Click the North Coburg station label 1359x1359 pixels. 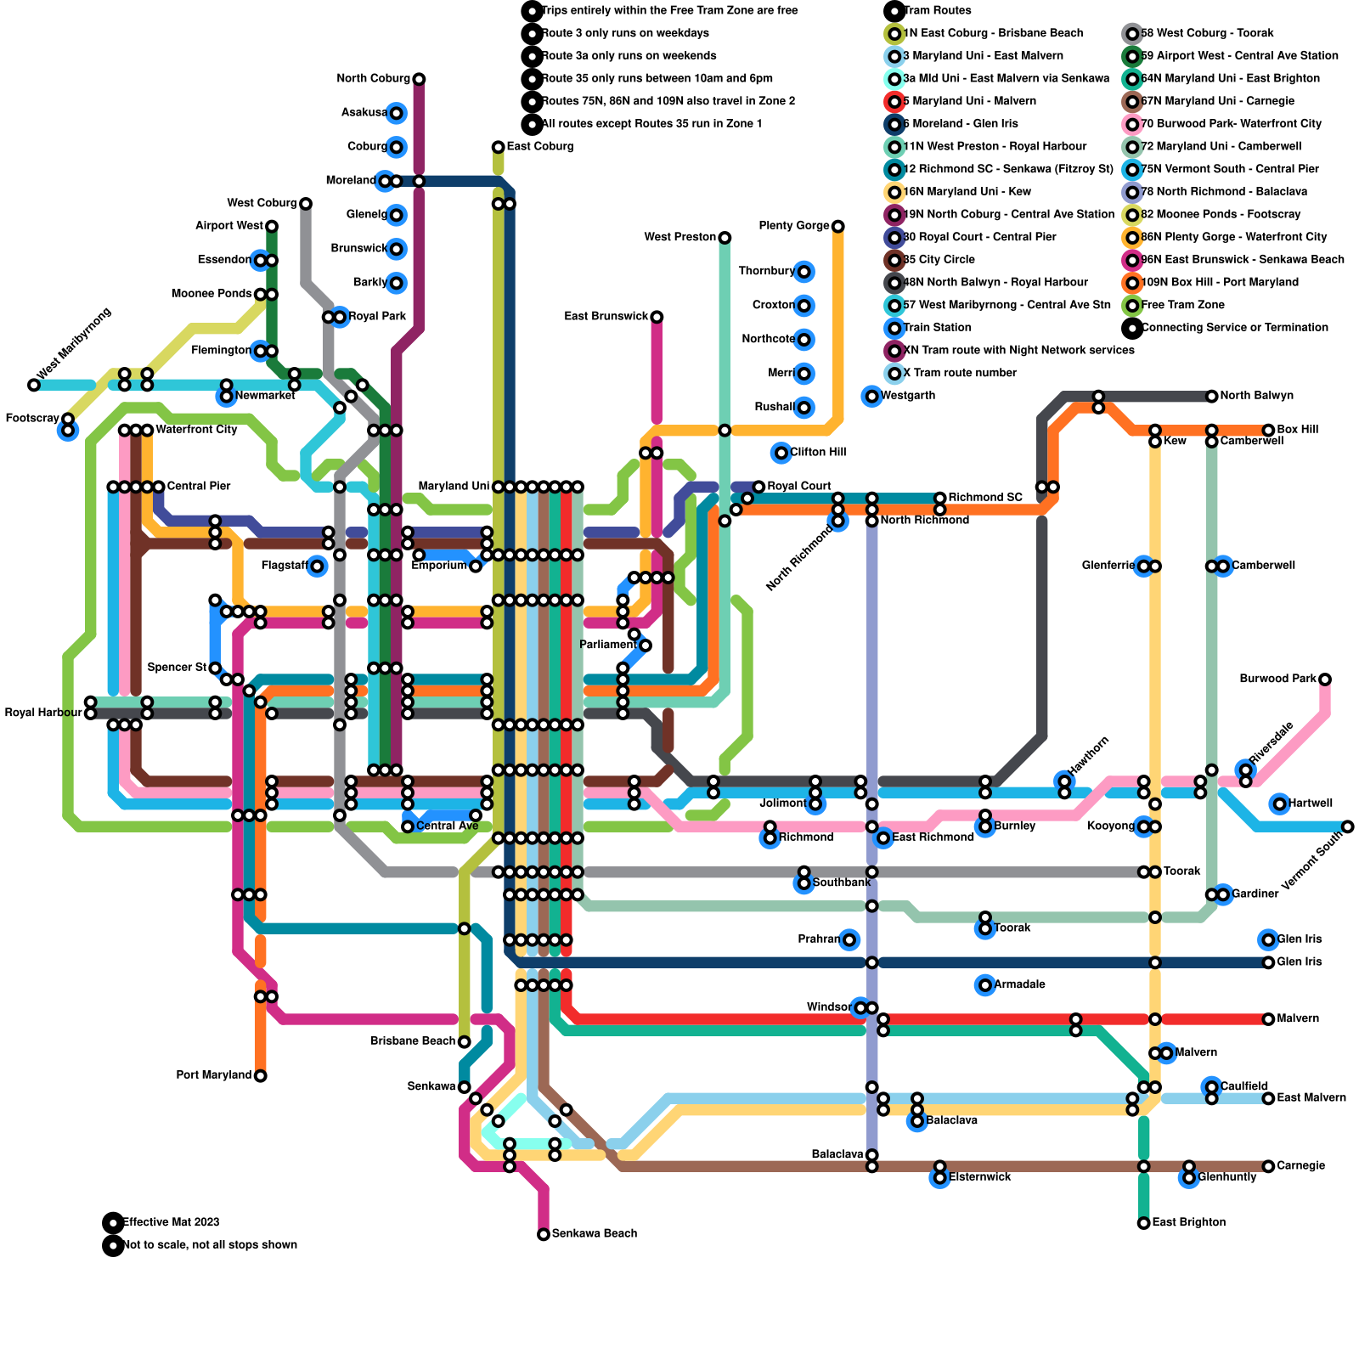(x=373, y=79)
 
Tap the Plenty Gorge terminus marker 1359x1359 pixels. (x=838, y=226)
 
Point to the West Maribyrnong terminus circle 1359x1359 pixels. (x=34, y=385)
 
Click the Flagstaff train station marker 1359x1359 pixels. (x=317, y=566)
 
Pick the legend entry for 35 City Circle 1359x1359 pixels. (x=939, y=260)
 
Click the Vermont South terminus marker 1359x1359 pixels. (x=1348, y=826)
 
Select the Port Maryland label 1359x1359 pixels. (x=213, y=1075)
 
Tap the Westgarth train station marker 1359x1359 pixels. (x=871, y=396)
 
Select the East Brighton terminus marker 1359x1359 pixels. (x=1144, y=1223)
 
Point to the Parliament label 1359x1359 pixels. (x=607, y=645)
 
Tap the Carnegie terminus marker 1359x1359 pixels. (x=1269, y=1166)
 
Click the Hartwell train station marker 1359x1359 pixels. (x=1280, y=804)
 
